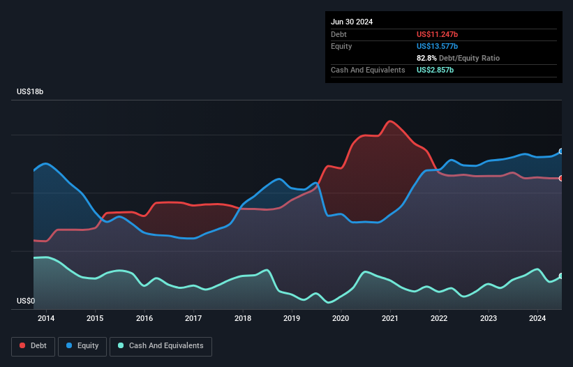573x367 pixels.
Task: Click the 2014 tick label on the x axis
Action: [x=46, y=319]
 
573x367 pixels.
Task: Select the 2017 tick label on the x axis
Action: [x=193, y=319]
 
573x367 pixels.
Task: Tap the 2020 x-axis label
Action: [x=341, y=319]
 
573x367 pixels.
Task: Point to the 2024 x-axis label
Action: [x=537, y=319]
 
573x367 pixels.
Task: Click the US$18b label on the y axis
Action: [x=32, y=92]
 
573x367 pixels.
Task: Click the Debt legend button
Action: [x=32, y=346]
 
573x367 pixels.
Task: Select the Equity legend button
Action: [x=82, y=346]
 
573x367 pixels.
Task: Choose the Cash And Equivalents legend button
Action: [x=161, y=346]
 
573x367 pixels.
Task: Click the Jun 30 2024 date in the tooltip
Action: [x=352, y=22]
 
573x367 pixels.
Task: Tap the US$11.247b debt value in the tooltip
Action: [x=438, y=34]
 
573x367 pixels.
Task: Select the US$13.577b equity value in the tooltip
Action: [x=438, y=46]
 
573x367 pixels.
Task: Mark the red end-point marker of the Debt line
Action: [x=561, y=179]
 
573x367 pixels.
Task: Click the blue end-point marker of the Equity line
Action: [x=561, y=151]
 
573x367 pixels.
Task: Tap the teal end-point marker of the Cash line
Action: [x=561, y=276]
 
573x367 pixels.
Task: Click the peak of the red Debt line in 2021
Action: [x=389, y=121]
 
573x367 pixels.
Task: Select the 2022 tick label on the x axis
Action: [x=439, y=319]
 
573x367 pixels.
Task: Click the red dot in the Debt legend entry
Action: [x=22, y=346]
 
